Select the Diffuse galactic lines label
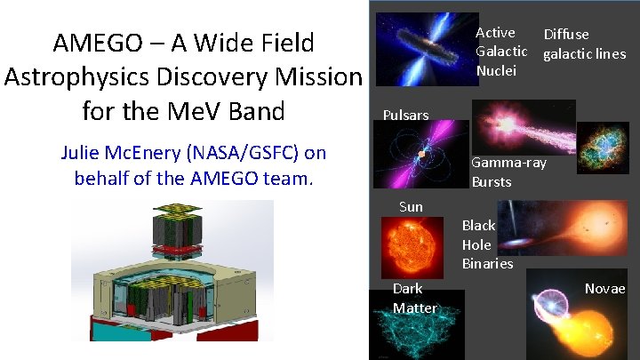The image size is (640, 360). [x=584, y=44]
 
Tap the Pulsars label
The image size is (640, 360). [x=405, y=115]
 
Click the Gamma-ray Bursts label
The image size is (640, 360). [x=508, y=172]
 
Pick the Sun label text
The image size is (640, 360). [x=411, y=207]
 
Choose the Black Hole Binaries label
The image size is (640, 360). [x=486, y=244]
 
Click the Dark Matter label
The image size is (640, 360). [x=414, y=299]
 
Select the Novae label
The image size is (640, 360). [x=604, y=289]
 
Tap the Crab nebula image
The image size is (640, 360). [x=603, y=148]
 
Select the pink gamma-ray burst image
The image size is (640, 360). [x=523, y=124]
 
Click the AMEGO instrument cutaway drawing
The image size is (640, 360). [x=172, y=279]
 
